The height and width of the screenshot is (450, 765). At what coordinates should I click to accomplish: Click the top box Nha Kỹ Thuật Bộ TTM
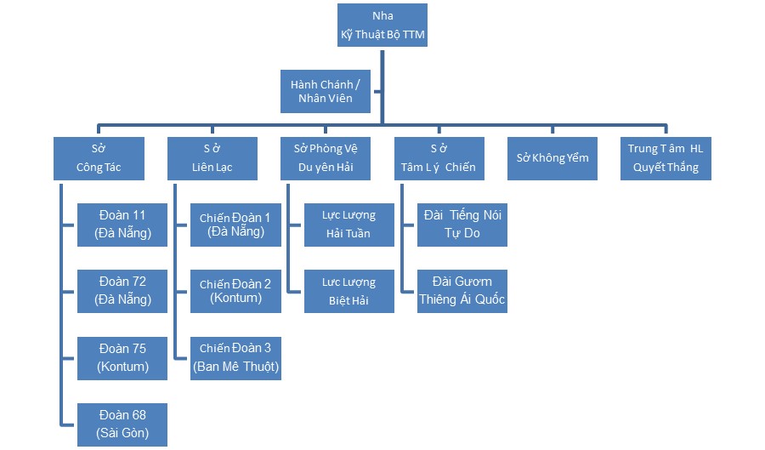click(x=382, y=26)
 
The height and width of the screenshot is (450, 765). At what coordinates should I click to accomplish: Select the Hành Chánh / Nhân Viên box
click(x=326, y=92)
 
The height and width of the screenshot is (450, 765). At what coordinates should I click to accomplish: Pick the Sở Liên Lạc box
click(x=212, y=159)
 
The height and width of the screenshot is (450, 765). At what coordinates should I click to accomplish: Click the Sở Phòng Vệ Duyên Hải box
click(x=326, y=159)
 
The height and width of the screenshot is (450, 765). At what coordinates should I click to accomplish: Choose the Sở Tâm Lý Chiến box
click(x=439, y=159)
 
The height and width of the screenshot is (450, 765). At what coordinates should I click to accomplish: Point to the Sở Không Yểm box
click(x=552, y=159)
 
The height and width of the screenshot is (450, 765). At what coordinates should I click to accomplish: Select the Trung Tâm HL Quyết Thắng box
click(x=666, y=159)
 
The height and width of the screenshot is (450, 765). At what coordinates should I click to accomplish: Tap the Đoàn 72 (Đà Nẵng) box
click(x=122, y=291)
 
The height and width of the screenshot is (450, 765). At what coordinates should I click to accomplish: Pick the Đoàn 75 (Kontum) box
click(x=122, y=358)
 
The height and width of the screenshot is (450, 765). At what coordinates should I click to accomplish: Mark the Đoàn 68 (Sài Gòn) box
click(x=122, y=424)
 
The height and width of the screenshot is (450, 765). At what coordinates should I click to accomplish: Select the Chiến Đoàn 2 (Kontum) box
click(x=235, y=291)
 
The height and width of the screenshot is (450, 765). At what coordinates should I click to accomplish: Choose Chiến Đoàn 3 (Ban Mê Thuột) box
click(x=235, y=358)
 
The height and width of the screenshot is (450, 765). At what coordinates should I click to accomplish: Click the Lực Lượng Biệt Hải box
click(x=348, y=291)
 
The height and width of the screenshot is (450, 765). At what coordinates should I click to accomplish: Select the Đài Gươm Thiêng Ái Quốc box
click(x=462, y=291)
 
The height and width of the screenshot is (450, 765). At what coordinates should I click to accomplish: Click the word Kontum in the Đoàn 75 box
click(x=123, y=367)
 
